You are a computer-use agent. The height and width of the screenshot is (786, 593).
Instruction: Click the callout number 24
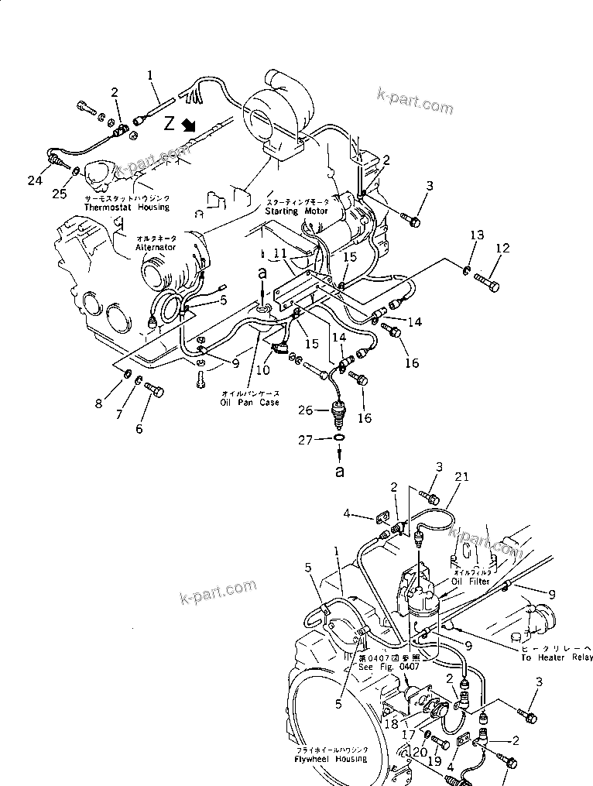click(x=34, y=181)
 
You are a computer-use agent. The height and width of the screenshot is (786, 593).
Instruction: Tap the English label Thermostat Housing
click(x=127, y=208)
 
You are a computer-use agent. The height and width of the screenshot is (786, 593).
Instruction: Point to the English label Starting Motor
click(x=296, y=211)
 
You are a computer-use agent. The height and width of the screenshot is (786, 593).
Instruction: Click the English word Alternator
click(x=156, y=247)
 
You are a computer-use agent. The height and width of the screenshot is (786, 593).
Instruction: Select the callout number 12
click(x=503, y=249)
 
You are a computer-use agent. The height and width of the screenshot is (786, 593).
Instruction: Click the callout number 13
click(x=477, y=235)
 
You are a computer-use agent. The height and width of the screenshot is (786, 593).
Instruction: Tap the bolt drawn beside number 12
click(x=485, y=280)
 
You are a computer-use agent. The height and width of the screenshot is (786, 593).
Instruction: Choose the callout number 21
click(x=462, y=479)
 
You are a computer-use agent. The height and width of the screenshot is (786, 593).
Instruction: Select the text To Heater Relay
click(x=556, y=657)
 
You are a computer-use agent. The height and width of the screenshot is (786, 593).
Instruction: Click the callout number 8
click(x=120, y=403)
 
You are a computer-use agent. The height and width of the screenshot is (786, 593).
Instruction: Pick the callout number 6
click(x=139, y=428)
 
